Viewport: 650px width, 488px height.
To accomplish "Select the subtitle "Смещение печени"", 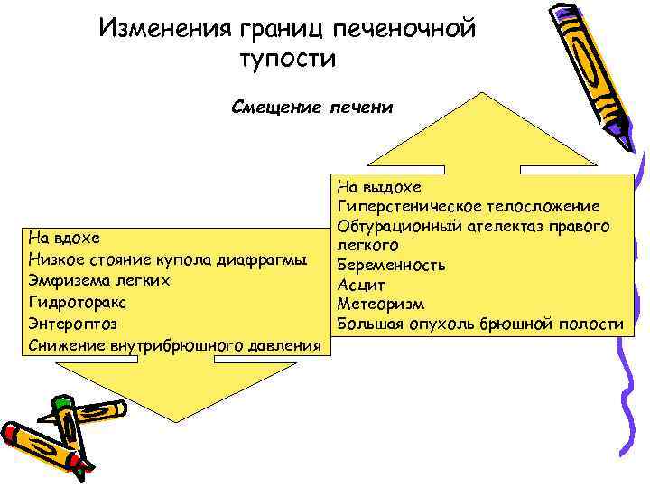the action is tap(312, 108).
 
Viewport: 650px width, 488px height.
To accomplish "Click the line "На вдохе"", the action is tap(64, 239).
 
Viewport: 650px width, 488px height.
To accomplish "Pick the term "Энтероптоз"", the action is tap(73, 323).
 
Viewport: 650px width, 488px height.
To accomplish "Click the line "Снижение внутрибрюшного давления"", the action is tap(175, 344).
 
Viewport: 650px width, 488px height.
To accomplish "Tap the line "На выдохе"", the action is tap(379, 187).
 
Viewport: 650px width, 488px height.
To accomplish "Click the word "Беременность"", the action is tap(391, 266).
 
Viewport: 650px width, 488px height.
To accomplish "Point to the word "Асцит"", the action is tap(361, 286).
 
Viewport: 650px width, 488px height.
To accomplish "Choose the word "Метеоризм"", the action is tap(380, 305).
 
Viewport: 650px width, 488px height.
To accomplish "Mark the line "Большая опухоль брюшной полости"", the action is tap(479, 324).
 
